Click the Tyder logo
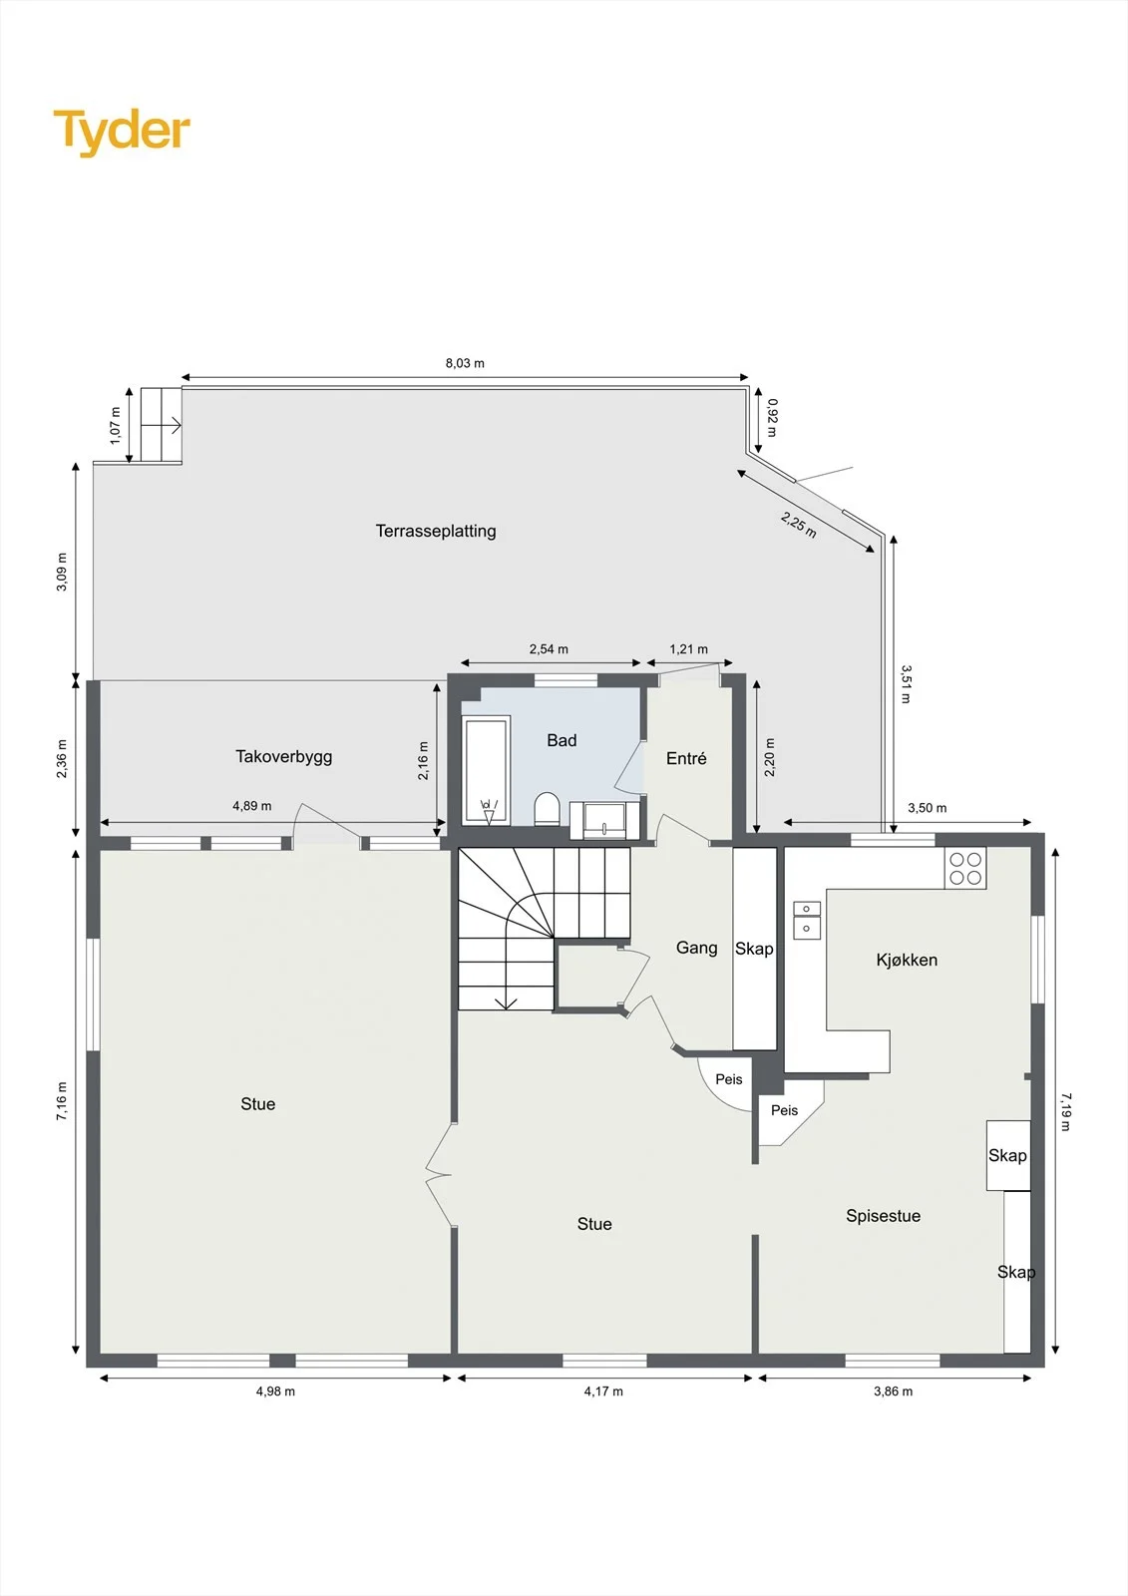pyautogui.click(x=122, y=132)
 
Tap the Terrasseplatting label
pyautogui.click(x=436, y=531)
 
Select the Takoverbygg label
pyautogui.click(x=283, y=757)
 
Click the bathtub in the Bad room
pyautogui.click(x=487, y=771)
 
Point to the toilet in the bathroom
pyautogui.click(x=547, y=809)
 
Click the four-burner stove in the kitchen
pyautogui.click(x=965, y=868)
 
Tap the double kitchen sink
pyautogui.click(x=807, y=919)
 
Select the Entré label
pyautogui.click(x=686, y=758)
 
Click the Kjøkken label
pyautogui.click(x=907, y=960)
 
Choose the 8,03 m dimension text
pyautogui.click(x=465, y=363)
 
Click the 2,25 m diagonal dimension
pyautogui.click(x=798, y=525)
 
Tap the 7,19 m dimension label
pyautogui.click(x=1065, y=1111)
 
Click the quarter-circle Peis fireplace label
pyautogui.click(x=728, y=1078)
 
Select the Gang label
pyautogui.click(x=696, y=947)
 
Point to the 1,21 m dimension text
pyautogui.click(x=688, y=649)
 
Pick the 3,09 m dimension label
pyautogui.click(x=62, y=572)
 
